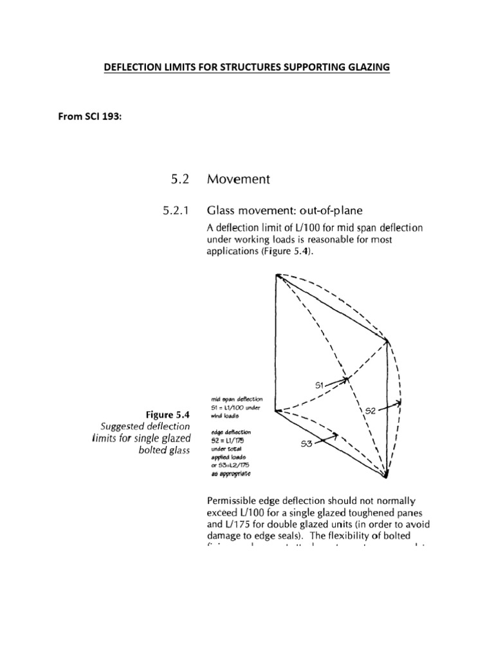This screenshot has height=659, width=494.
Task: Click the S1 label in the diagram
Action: pos(322,385)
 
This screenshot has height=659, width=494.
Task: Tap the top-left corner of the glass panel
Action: pos(277,275)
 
